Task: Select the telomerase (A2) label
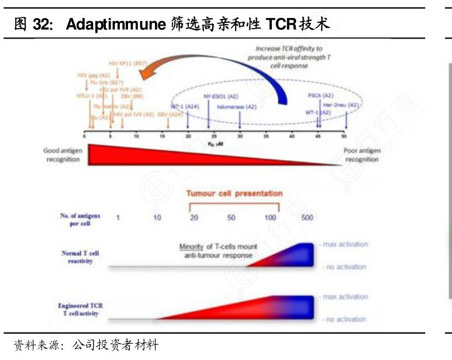coord(237,107)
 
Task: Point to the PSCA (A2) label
coord(320,96)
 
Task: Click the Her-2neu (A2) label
coord(345,105)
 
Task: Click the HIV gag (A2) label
coord(94,75)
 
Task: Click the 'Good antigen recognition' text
coord(63,155)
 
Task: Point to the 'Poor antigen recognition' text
coord(361,155)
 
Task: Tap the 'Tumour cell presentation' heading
coord(234,193)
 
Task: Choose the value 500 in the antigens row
coord(306,217)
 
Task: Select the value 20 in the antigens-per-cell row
coord(194,217)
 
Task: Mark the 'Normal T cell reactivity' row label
coord(80,257)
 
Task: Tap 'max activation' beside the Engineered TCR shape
coord(344,297)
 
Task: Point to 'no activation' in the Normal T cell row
coord(344,267)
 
